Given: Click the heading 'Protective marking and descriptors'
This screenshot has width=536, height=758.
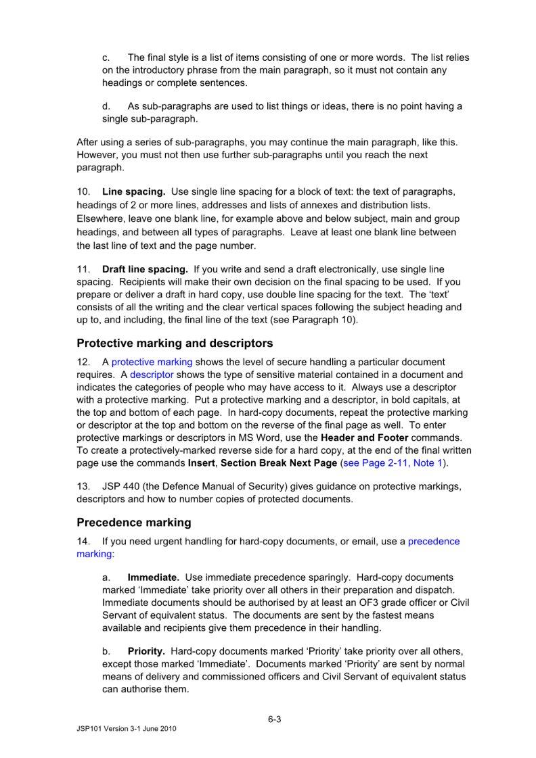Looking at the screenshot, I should point(175,344).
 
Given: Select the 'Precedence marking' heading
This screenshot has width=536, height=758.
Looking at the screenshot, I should point(134,523).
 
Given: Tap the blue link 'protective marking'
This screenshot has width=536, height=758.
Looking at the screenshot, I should point(152,362).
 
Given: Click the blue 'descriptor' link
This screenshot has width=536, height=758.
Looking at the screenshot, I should point(152,375).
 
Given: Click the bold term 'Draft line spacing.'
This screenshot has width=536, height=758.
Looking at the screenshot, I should point(146,270).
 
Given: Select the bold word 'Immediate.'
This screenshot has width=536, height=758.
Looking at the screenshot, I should point(154,578).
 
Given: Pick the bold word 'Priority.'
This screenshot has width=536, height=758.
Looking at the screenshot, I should point(147,652).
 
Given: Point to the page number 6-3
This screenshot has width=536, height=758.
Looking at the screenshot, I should point(274,719).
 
